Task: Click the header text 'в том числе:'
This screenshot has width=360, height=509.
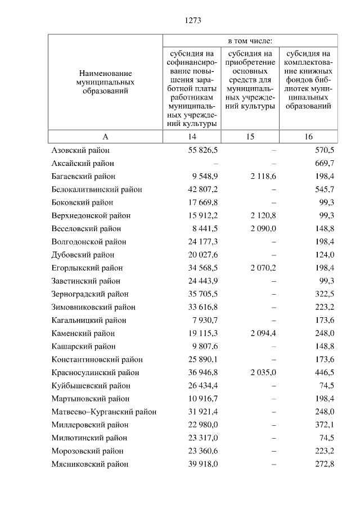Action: pyautogui.click(x=250, y=41)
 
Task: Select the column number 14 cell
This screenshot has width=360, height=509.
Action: pyautogui.click(x=192, y=137)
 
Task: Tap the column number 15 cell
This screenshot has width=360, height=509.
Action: pyautogui.click(x=250, y=137)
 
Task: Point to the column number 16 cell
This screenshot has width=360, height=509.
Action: pyautogui.click(x=308, y=137)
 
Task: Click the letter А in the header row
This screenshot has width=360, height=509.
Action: pyautogui.click(x=105, y=137)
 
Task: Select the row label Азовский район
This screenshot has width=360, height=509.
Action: pyautogui.click(x=80, y=150)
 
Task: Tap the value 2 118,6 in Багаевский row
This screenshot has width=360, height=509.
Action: pyautogui.click(x=264, y=177)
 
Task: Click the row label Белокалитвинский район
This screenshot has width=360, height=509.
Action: pyautogui.click(x=97, y=190)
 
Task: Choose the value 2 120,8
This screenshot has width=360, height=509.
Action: pyautogui.click(x=264, y=215)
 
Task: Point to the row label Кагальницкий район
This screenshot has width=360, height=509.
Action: pyautogui.click(x=89, y=320)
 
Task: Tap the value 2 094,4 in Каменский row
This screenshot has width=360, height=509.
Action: pyautogui.click(x=264, y=333)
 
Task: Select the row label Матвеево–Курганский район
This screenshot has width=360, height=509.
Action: pyautogui.click(x=104, y=412)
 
